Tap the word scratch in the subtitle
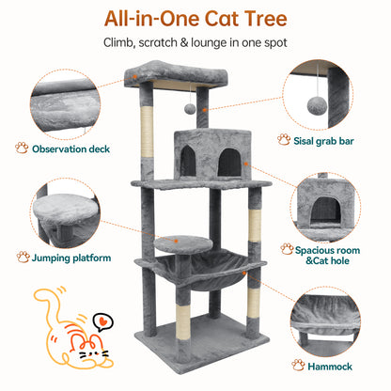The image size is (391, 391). coord(158,42)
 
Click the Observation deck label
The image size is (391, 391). coord(70,149)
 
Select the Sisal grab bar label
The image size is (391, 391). coord(323,141)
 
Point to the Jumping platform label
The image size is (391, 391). coord(71,258)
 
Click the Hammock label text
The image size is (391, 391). coord(330,367)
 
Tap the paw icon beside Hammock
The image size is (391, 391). coord(298,366)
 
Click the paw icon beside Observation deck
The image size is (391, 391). coord(22,148)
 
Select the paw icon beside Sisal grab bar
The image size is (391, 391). coord(284,140)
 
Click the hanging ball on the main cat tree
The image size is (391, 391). coord(190,109)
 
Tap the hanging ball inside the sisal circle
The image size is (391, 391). coord(317,106)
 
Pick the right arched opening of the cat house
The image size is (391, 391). coord(229,162)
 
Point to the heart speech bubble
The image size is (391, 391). coord(102,322)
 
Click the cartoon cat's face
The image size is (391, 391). coord(91,350)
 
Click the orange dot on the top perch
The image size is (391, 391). coord(135,76)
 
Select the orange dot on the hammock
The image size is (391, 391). coord(244,273)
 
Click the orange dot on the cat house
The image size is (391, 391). coord(246,164)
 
